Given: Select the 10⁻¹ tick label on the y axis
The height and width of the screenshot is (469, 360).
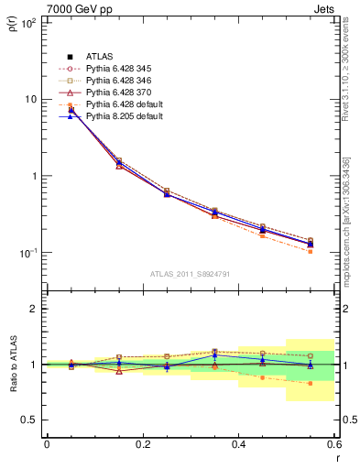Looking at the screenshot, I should tap(27, 253).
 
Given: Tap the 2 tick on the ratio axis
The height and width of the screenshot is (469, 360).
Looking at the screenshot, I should tap(35, 309).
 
